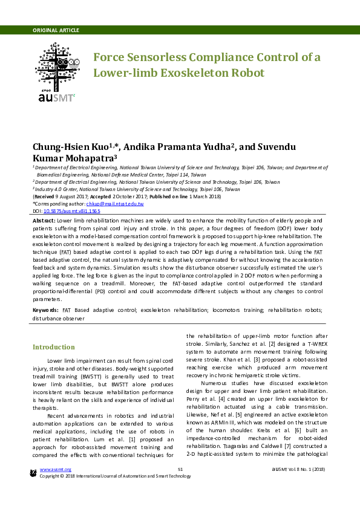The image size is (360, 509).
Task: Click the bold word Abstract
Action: pos(44,222)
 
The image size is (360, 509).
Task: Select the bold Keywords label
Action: pos(45,310)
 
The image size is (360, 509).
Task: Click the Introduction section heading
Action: pos(54,347)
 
